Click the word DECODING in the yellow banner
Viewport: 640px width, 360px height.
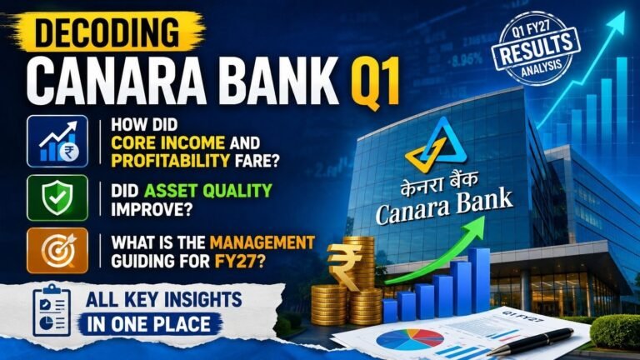tap(107, 32)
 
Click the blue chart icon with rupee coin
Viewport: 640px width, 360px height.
tap(57, 141)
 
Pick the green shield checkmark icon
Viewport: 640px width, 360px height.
tap(57, 198)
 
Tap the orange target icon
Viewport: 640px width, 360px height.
tap(57, 250)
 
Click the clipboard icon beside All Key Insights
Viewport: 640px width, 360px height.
tap(52, 310)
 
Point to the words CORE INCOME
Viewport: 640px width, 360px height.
tap(167, 142)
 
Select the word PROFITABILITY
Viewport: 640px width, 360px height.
tap(170, 161)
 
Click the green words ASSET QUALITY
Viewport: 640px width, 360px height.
tap(208, 191)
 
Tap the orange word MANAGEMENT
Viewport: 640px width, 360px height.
tap(262, 242)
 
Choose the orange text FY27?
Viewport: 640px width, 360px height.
tap(240, 261)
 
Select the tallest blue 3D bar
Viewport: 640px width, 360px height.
tap(479, 280)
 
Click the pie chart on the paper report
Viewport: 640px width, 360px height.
tap(409, 340)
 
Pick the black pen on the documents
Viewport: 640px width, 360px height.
tap(530, 342)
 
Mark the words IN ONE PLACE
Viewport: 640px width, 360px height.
tap(149, 324)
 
